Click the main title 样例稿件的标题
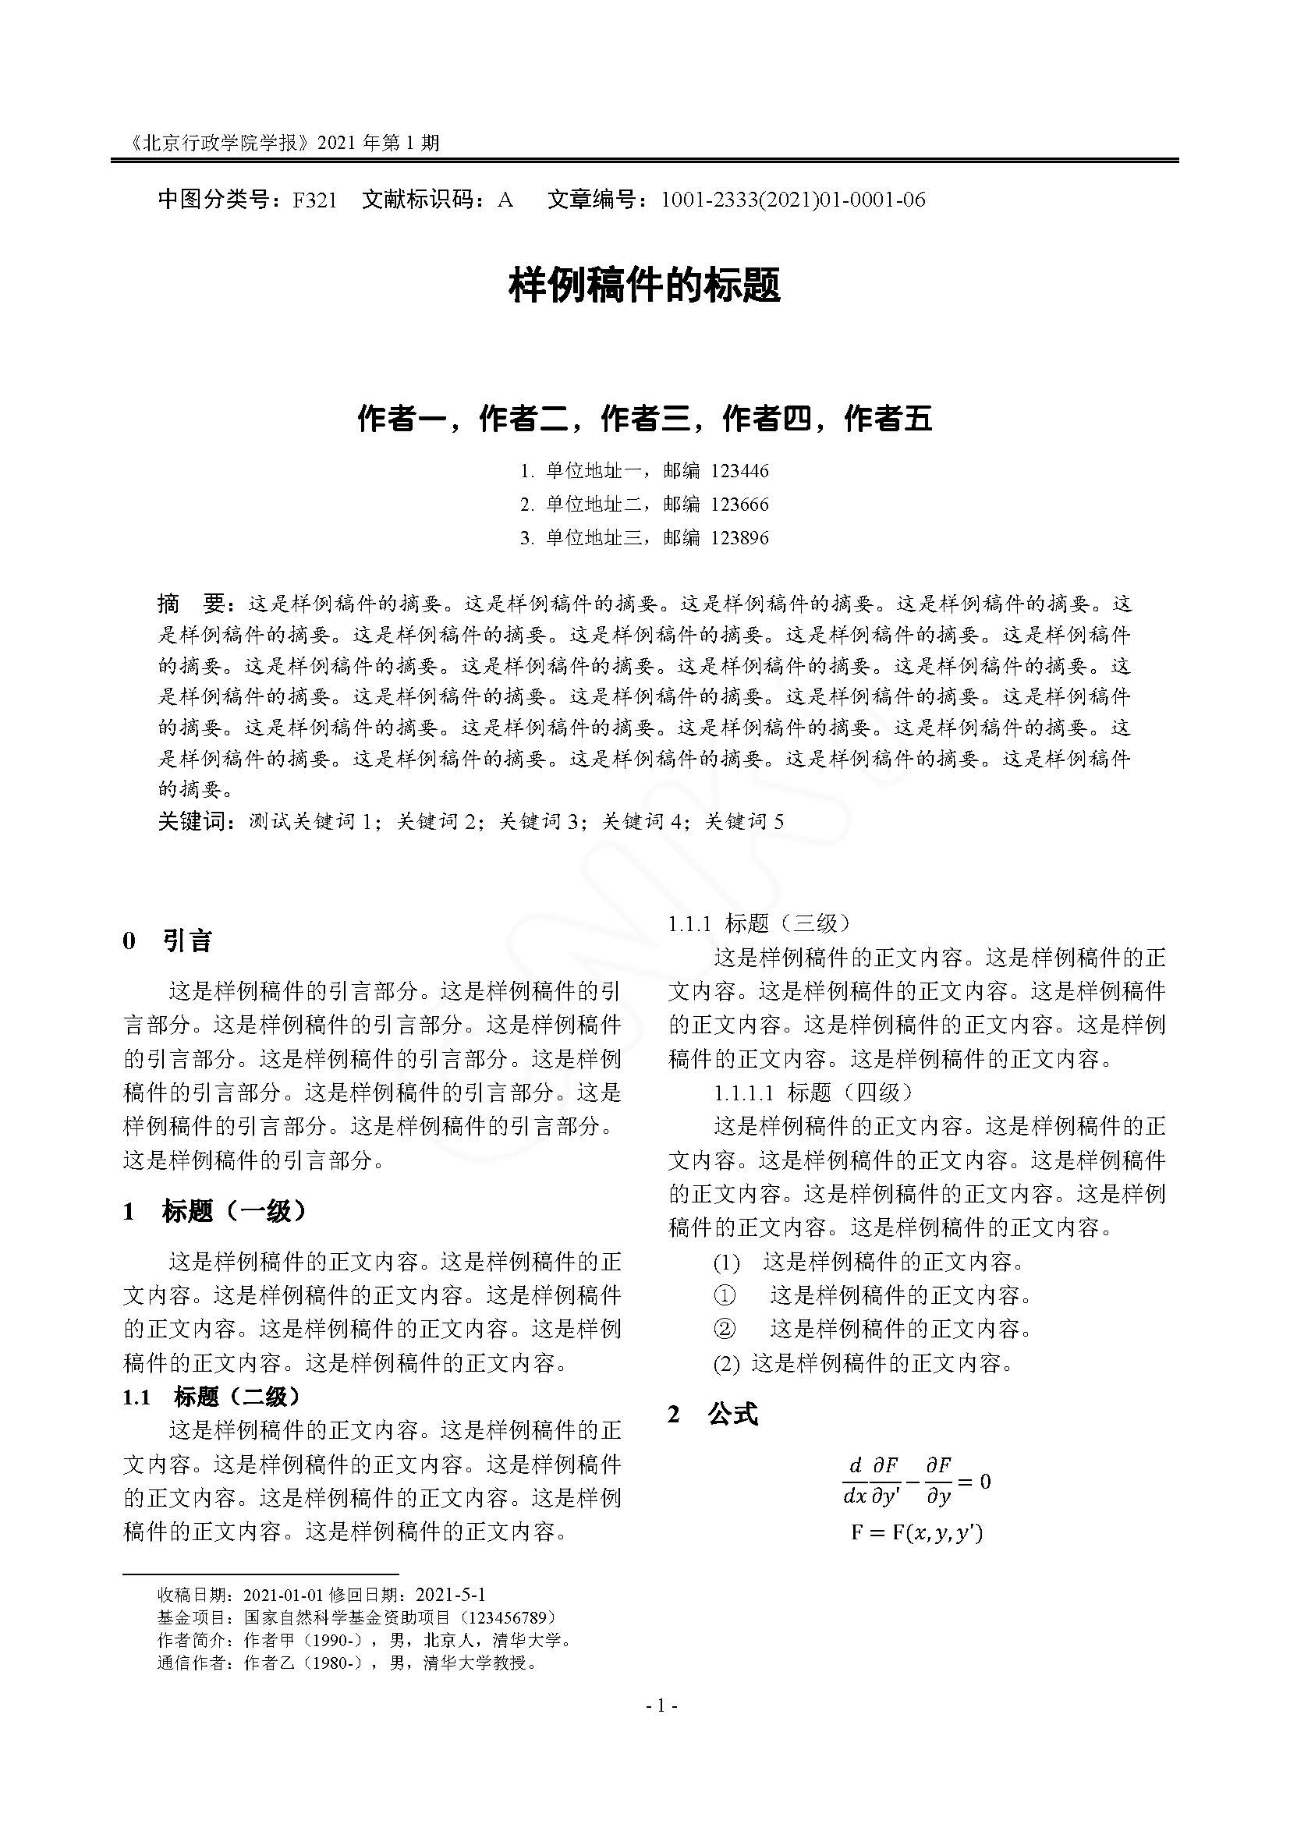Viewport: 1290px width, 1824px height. [x=644, y=285]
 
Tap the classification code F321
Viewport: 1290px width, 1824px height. [x=314, y=200]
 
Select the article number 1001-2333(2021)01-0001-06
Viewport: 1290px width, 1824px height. [x=792, y=200]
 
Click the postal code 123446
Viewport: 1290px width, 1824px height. [x=739, y=471]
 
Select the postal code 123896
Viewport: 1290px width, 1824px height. [x=739, y=538]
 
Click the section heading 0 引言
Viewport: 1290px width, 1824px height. [x=168, y=941]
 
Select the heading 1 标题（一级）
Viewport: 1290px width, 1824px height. [x=214, y=1211]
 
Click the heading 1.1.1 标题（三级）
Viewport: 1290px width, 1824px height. [x=759, y=923]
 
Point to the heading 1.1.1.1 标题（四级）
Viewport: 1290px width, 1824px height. [x=813, y=1093]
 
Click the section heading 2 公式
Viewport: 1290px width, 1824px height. [x=713, y=1414]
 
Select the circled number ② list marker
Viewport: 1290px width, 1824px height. [x=725, y=1328]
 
